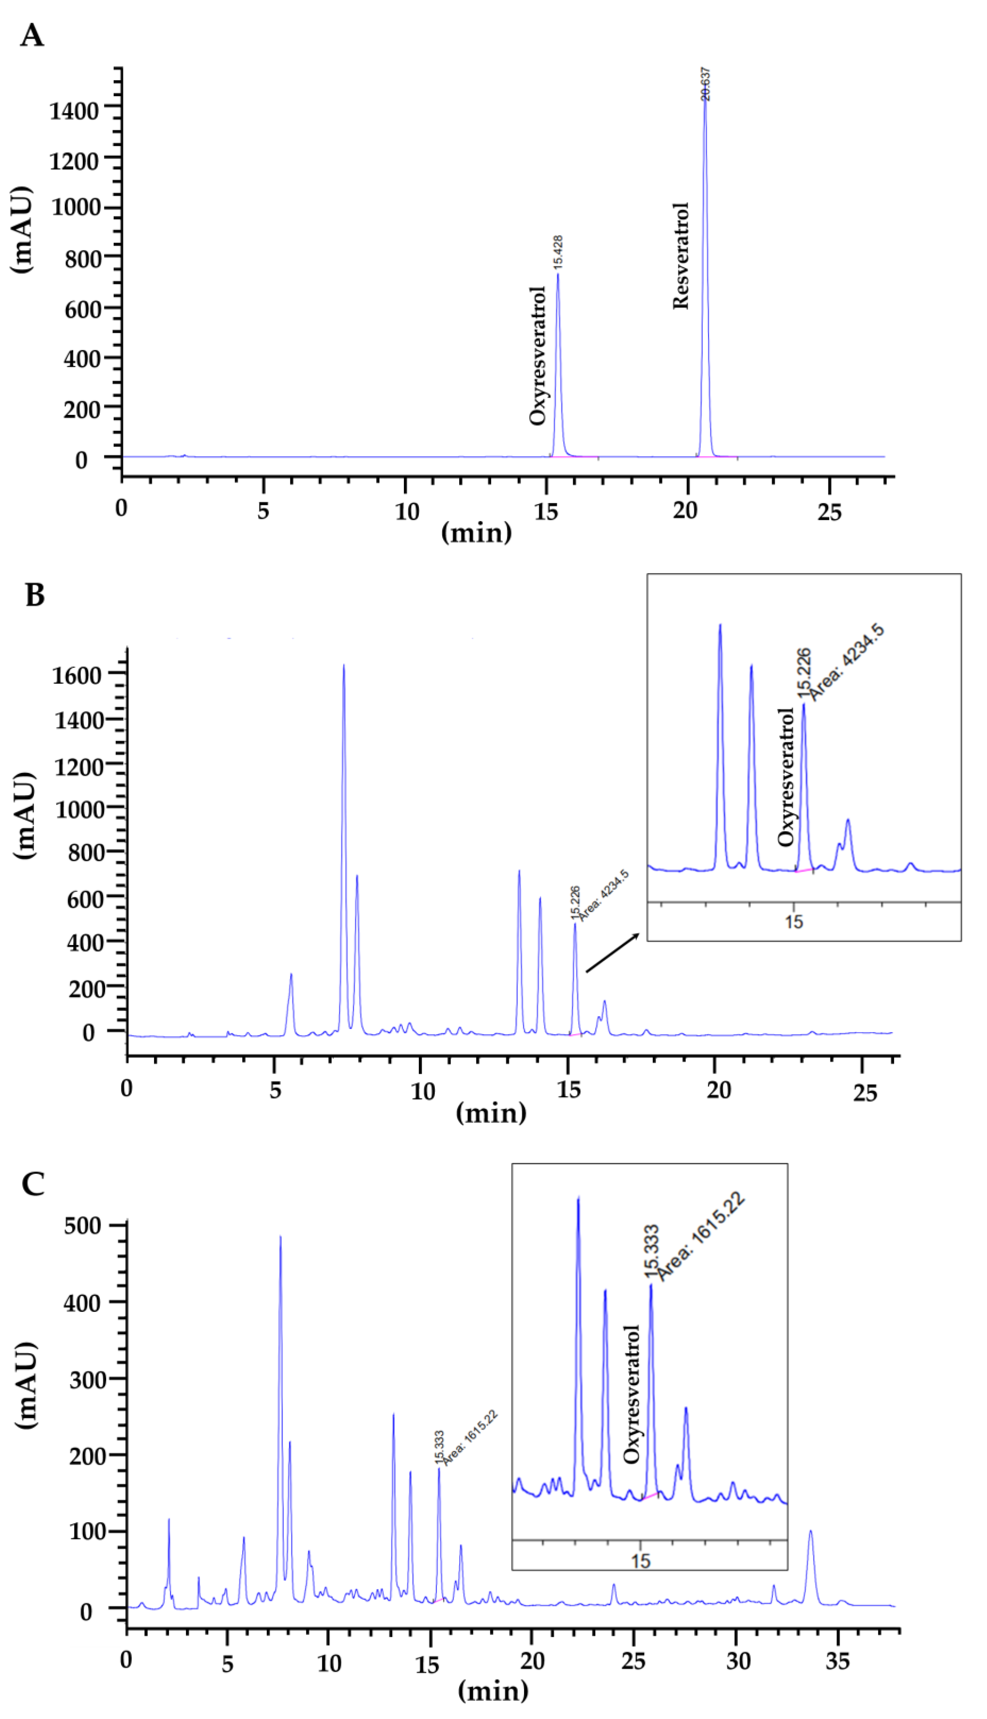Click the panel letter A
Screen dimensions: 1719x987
pyautogui.click(x=32, y=35)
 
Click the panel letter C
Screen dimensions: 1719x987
pyautogui.click(x=33, y=1184)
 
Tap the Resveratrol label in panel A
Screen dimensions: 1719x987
pyautogui.click(x=680, y=256)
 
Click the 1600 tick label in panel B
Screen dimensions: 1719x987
pyautogui.click(x=76, y=675)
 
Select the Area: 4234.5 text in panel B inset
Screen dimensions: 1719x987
pyautogui.click(x=848, y=663)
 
